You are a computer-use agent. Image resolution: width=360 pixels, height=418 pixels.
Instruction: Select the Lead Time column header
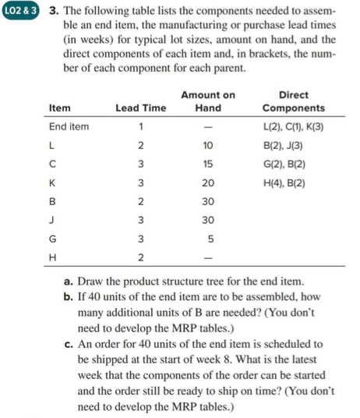140,108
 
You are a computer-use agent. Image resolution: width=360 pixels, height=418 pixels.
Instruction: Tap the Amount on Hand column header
206,101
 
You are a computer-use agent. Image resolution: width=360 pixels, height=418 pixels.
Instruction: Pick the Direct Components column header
294,101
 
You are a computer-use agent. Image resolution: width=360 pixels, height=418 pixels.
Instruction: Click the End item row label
69,126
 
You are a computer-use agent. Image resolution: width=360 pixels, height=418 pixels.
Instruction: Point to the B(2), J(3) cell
282,146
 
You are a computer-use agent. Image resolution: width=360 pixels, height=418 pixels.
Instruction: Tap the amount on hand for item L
206,146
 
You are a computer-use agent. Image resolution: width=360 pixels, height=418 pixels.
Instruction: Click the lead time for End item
140,126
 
